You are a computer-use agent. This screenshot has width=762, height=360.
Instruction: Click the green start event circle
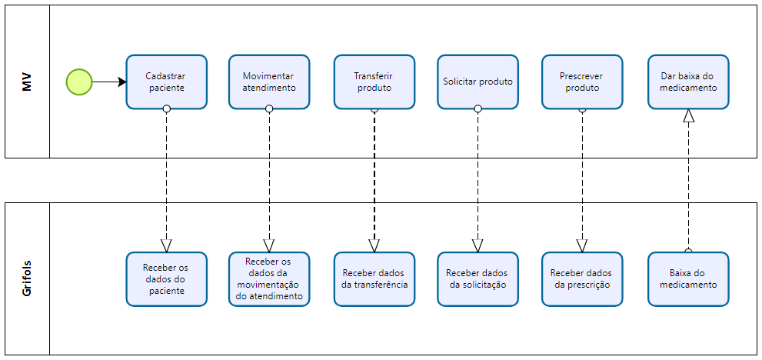point(79,82)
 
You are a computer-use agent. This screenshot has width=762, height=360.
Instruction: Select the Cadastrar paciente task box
point(167,82)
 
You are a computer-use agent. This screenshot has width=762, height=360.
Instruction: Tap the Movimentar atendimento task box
point(269,82)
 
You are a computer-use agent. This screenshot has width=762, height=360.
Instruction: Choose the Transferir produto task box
point(374,82)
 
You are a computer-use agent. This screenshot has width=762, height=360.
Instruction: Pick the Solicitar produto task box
point(477,82)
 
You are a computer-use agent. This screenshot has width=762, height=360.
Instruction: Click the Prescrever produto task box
point(582,82)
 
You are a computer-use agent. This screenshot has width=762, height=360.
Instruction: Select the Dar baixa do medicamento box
point(688,82)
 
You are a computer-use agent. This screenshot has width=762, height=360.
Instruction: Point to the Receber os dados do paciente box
point(167,279)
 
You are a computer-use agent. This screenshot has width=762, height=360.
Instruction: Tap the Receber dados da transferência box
point(374,279)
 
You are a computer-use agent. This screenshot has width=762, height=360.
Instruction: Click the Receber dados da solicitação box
point(477,279)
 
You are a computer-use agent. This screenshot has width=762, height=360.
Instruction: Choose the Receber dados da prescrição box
point(582,279)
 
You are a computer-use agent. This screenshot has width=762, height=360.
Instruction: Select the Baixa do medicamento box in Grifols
point(688,279)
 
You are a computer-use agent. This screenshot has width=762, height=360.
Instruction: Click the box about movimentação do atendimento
point(269,279)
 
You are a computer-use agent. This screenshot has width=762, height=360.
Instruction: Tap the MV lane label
point(27,82)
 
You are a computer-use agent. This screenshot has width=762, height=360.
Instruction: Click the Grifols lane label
point(27,279)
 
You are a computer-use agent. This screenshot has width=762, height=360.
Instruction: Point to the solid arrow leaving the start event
point(109,82)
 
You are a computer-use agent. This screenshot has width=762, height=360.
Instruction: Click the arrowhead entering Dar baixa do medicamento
point(688,115)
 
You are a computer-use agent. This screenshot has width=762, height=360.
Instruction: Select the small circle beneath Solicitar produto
point(477,109)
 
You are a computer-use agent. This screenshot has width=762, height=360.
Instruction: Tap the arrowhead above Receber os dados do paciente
point(167,245)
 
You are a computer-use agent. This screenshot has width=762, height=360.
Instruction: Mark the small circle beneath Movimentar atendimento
point(269,109)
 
